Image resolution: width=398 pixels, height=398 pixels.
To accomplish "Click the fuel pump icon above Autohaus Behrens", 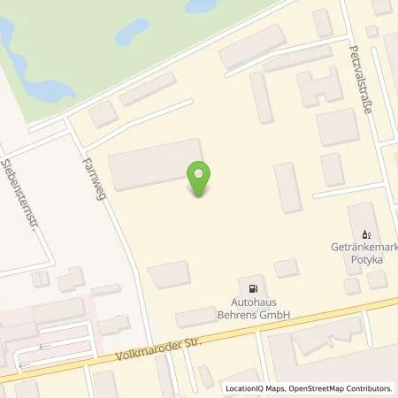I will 255,288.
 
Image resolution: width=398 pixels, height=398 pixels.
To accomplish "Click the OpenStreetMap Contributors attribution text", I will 337,387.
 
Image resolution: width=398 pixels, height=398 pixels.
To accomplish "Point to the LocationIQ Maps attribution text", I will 249,387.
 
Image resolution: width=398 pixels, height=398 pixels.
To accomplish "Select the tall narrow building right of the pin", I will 287,188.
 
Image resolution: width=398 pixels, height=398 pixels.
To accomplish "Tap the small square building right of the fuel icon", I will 285,269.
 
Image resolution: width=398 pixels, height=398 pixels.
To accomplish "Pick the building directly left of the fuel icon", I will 168,275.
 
